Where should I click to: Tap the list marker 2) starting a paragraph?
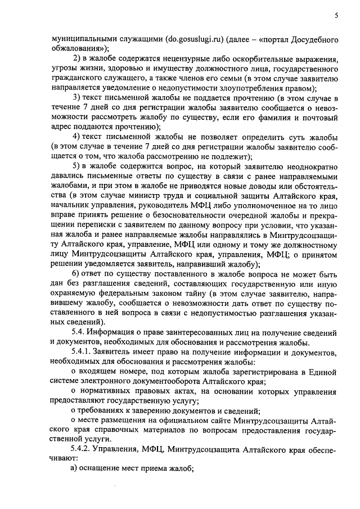tap(78, 59)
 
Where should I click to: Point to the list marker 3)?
tap(78, 98)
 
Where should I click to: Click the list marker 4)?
tap(78, 137)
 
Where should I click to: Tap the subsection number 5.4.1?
tap(82, 352)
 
